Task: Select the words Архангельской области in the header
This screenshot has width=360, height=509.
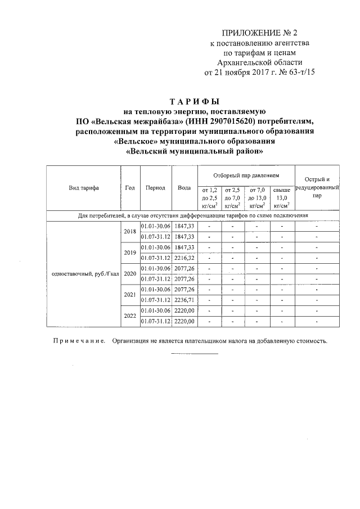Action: tap(259, 62)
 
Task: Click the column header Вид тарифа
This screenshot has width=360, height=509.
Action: tap(83, 188)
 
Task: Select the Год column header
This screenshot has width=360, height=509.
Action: tap(130, 188)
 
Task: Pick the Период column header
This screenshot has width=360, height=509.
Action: tap(155, 188)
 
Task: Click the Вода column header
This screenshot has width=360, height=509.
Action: tap(183, 188)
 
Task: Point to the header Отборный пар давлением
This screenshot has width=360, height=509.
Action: tap(245, 176)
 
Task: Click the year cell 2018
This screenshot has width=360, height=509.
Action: tap(130, 231)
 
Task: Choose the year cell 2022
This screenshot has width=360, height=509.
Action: tap(130, 316)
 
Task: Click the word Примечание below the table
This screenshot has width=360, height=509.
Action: tap(78, 341)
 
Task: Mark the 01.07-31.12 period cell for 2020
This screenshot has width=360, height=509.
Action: tap(156, 279)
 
